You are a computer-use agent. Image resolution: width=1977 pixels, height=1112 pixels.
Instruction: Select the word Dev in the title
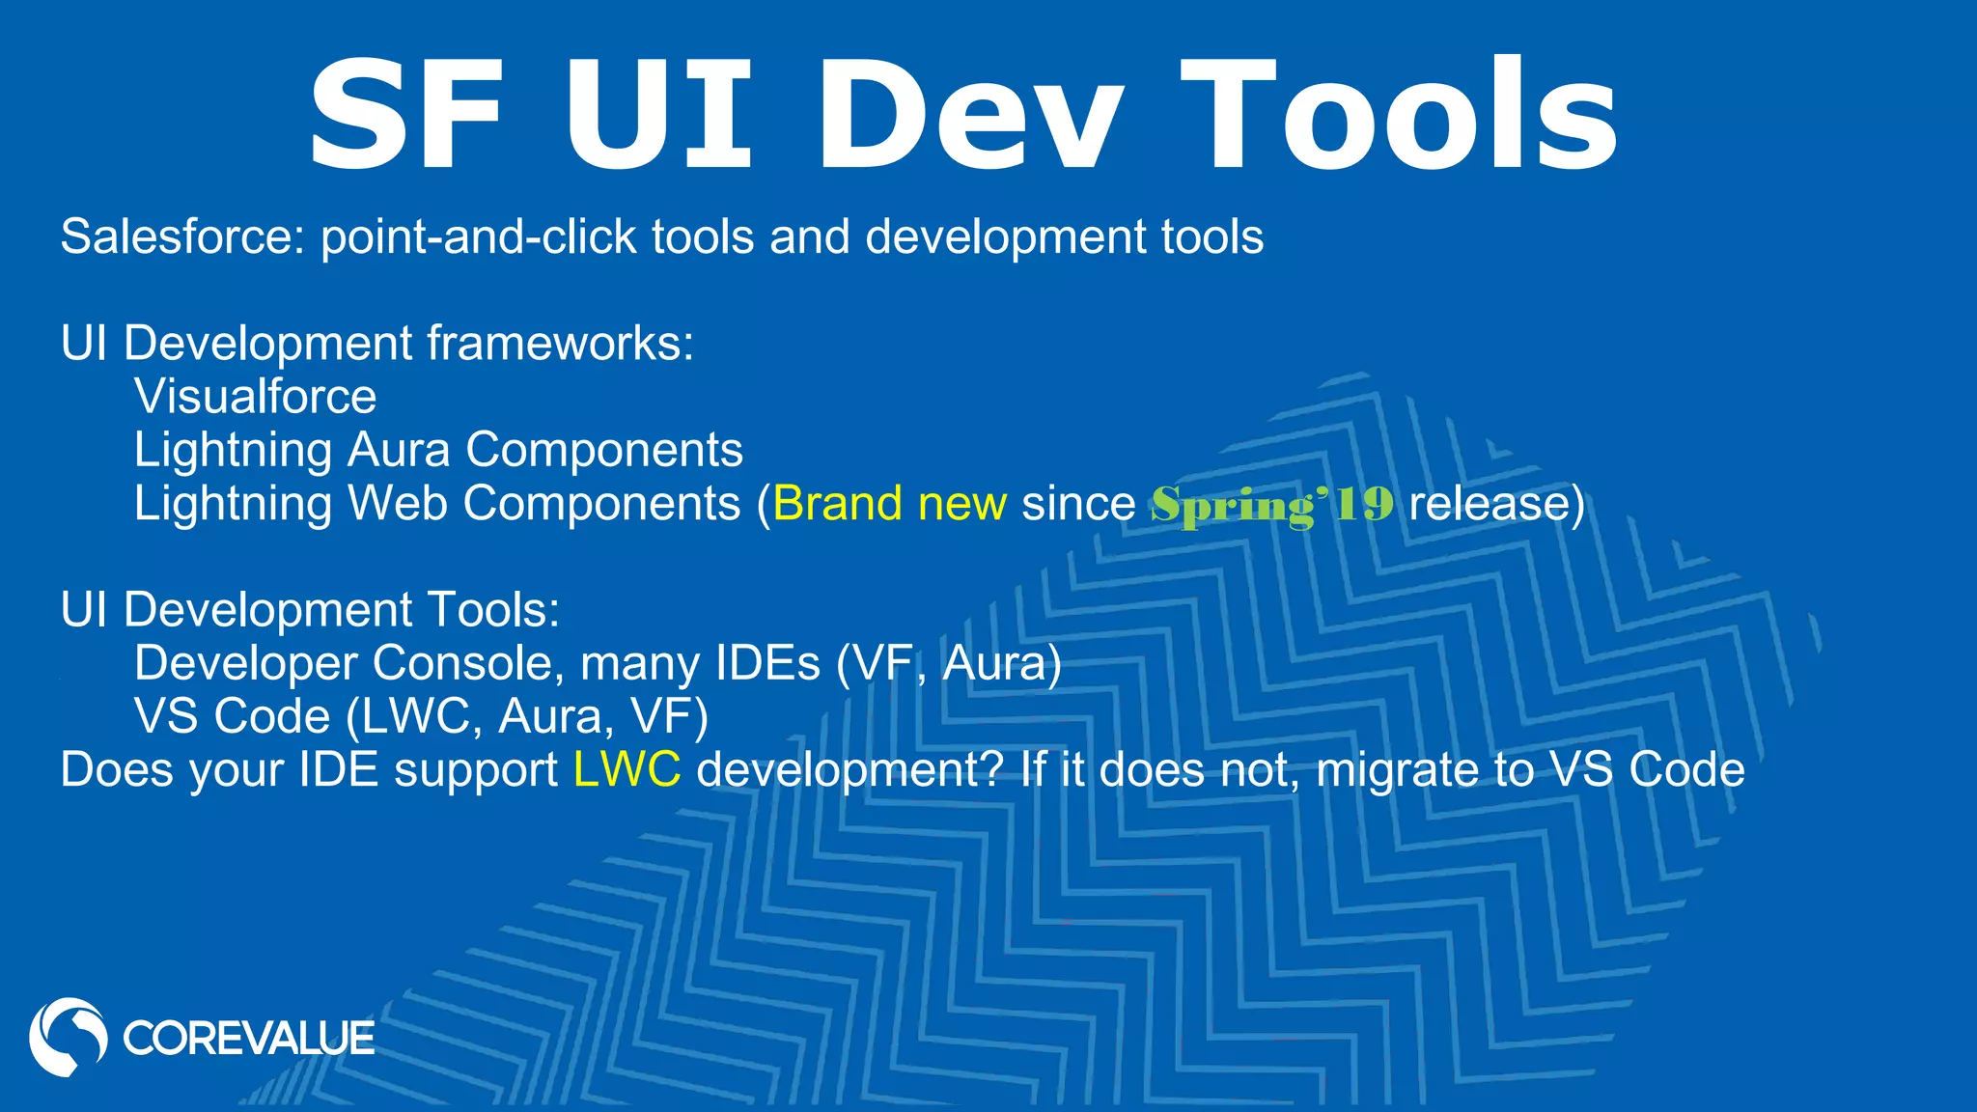click(971, 116)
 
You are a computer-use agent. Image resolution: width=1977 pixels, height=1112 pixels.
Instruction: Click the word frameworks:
click(560, 344)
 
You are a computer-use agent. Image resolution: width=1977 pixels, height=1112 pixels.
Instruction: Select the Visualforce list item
click(255, 397)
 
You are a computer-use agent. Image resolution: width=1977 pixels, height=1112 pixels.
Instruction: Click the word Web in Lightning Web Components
click(397, 503)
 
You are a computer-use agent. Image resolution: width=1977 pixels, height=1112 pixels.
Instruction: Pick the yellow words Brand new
click(889, 503)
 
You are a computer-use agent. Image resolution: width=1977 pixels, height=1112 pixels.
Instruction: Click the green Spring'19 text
click(1272, 504)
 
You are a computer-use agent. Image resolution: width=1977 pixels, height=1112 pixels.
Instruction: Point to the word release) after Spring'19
click(1496, 503)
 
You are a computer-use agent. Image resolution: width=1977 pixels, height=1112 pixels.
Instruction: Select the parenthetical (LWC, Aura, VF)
click(527, 716)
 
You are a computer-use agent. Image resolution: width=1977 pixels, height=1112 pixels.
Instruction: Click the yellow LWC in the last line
click(627, 770)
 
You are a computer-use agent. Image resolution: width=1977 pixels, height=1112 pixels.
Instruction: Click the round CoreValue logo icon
click(68, 1037)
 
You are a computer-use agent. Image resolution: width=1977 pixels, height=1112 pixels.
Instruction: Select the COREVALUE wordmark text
click(248, 1039)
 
